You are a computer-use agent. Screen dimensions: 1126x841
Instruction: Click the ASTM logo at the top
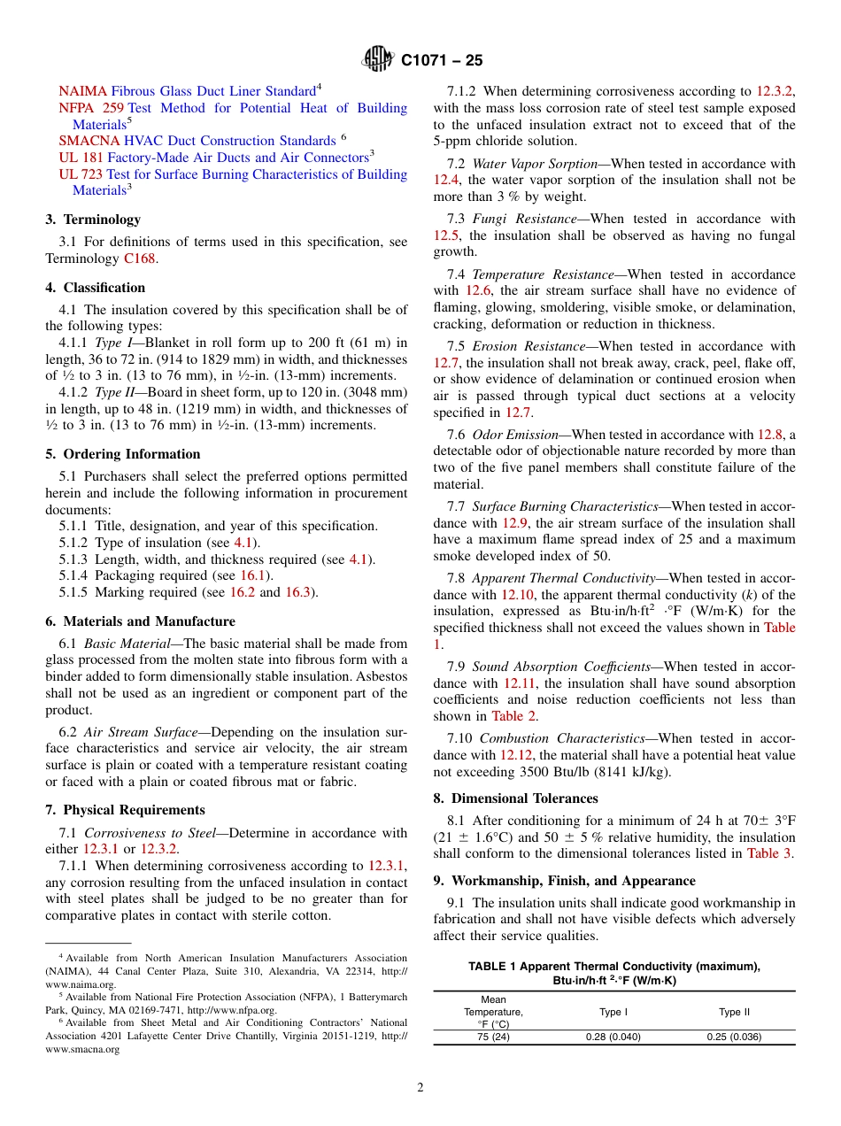pos(378,60)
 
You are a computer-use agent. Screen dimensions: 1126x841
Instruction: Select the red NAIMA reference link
pos(82,91)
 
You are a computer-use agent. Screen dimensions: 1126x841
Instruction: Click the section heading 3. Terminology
pos(93,220)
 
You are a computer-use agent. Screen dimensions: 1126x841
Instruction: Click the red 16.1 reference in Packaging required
pos(251,575)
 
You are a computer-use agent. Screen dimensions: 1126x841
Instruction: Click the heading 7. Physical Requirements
pos(125,810)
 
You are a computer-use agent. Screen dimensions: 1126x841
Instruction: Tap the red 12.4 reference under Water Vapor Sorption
pos(445,181)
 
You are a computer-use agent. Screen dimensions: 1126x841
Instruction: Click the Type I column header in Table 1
pos(613,1012)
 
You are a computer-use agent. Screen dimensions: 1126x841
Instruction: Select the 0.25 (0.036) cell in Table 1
pos(733,1037)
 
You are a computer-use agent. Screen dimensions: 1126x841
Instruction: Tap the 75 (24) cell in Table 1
pos(493,1037)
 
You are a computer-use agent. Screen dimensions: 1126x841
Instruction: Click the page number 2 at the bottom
pos(420,1088)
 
